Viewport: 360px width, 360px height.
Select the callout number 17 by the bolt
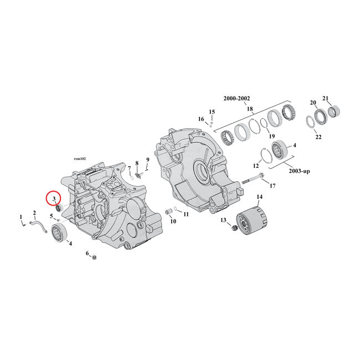click(x=272, y=186)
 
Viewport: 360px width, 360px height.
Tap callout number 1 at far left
click(x=22, y=217)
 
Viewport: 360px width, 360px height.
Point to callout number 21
click(x=326, y=99)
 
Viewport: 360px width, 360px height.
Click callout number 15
click(x=211, y=112)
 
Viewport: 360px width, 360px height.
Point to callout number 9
click(x=148, y=161)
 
